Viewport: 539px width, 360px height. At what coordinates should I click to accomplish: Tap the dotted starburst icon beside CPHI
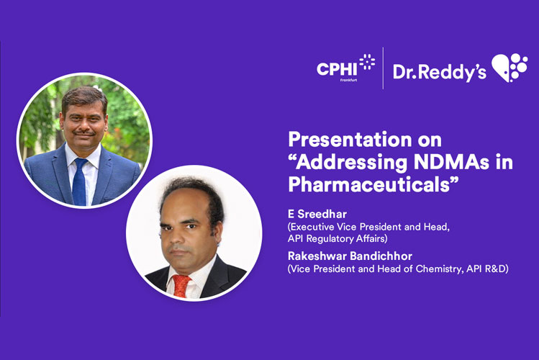point(366,63)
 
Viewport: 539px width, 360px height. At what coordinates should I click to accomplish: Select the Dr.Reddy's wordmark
point(439,71)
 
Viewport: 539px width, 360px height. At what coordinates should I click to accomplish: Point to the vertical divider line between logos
point(383,68)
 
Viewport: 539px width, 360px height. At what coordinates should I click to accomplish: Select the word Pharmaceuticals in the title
point(373,184)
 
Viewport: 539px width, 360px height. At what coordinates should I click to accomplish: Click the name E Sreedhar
point(317,215)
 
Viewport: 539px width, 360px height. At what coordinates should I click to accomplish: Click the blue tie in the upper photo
point(80,181)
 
